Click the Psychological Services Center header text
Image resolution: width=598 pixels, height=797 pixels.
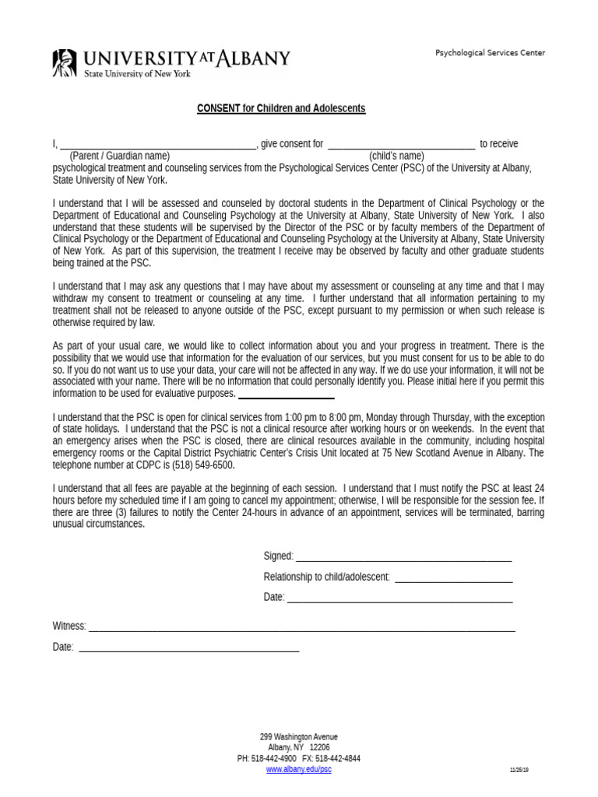(x=490, y=53)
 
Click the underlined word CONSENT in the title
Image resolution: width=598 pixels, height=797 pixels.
(x=218, y=108)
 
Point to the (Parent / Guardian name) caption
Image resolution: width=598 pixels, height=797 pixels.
(x=119, y=156)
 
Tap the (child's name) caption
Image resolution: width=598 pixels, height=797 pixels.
(x=396, y=156)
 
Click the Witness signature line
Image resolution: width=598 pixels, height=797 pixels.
(x=301, y=629)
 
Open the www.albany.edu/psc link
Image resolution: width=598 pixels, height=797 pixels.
(x=299, y=769)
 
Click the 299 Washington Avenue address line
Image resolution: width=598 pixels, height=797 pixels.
(x=299, y=736)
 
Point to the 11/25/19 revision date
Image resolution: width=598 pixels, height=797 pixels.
(x=519, y=769)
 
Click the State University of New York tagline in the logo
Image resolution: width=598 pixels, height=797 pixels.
(x=137, y=73)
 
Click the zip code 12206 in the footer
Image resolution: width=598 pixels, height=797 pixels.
(x=319, y=747)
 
